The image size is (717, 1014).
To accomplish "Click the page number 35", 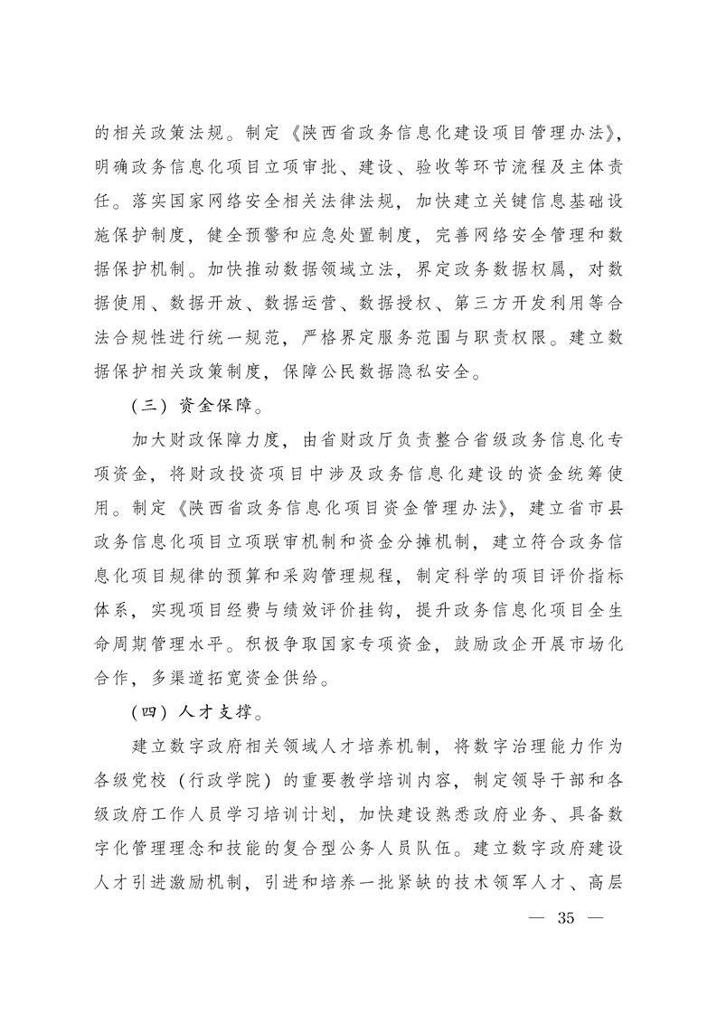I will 567,919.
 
